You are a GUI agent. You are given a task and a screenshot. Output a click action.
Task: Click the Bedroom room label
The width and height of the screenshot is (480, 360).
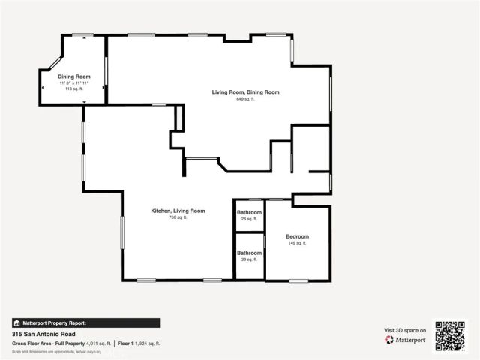tap(297, 236)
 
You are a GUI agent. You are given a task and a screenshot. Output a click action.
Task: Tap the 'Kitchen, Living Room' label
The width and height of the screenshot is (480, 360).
tap(178, 211)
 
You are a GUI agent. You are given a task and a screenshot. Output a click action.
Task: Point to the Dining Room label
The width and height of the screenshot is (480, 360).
tap(73, 76)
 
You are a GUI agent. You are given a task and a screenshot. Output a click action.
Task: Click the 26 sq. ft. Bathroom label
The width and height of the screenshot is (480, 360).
tap(249, 213)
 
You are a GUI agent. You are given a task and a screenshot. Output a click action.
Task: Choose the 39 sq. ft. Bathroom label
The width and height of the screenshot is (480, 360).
tap(249, 253)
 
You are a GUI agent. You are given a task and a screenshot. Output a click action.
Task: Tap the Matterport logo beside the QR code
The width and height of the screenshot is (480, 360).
tap(406, 340)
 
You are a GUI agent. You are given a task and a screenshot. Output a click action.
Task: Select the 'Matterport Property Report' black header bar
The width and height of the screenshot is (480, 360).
tap(85, 322)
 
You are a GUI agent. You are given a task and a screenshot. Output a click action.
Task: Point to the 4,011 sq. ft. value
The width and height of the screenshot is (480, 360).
tap(97, 343)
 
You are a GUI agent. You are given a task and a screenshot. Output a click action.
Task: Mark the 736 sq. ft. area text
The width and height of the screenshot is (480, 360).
tap(178, 217)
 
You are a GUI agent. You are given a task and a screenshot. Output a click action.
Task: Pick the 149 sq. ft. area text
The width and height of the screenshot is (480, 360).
tap(297, 243)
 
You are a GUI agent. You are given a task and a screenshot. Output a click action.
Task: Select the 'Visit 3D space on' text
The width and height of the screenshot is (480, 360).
tap(405, 330)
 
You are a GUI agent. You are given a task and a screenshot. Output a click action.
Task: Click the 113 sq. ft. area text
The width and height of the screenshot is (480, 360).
tap(73, 88)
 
